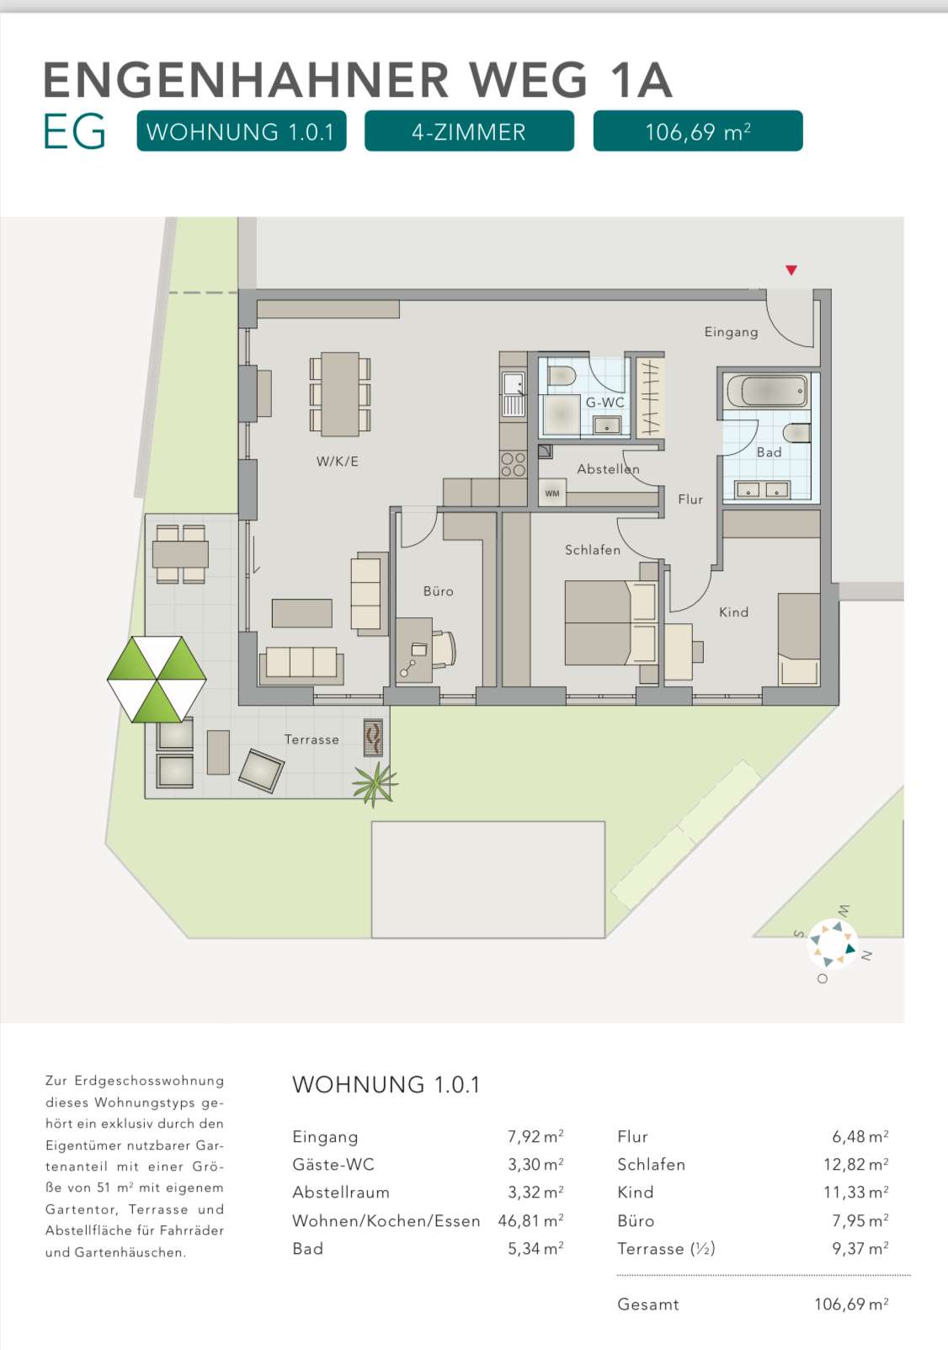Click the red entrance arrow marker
pyautogui.click(x=791, y=270)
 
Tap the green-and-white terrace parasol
pyautogui.click(x=157, y=679)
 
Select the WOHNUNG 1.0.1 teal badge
pyautogui.click(x=241, y=132)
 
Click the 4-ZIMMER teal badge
pyautogui.click(x=469, y=132)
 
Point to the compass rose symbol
pyautogui.click(x=833, y=943)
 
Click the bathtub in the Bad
pyautogui.click(x=768, y=392)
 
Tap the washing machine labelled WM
pyautogui.click(x=552, y=494)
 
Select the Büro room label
pyautogui.click(x=438, y=591)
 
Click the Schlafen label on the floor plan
pyautogui.click(x=592, y=550)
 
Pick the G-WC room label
pyautogui.click(x=605, y=403)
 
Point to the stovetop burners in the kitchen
pyautogui.click(x=513, y=464)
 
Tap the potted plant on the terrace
pyautogui.click(x=374, y=783)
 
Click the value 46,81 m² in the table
pyautogui.click(x=530, y=1220)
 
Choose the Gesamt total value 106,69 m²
pyautogui.click(x=851, y=1304)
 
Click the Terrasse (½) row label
pyautogui.click(x=666, y=1248)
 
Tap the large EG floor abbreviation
pyautogui.click(x=74, y=132)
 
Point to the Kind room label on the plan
pyautogui.click(x=733, y=612)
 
